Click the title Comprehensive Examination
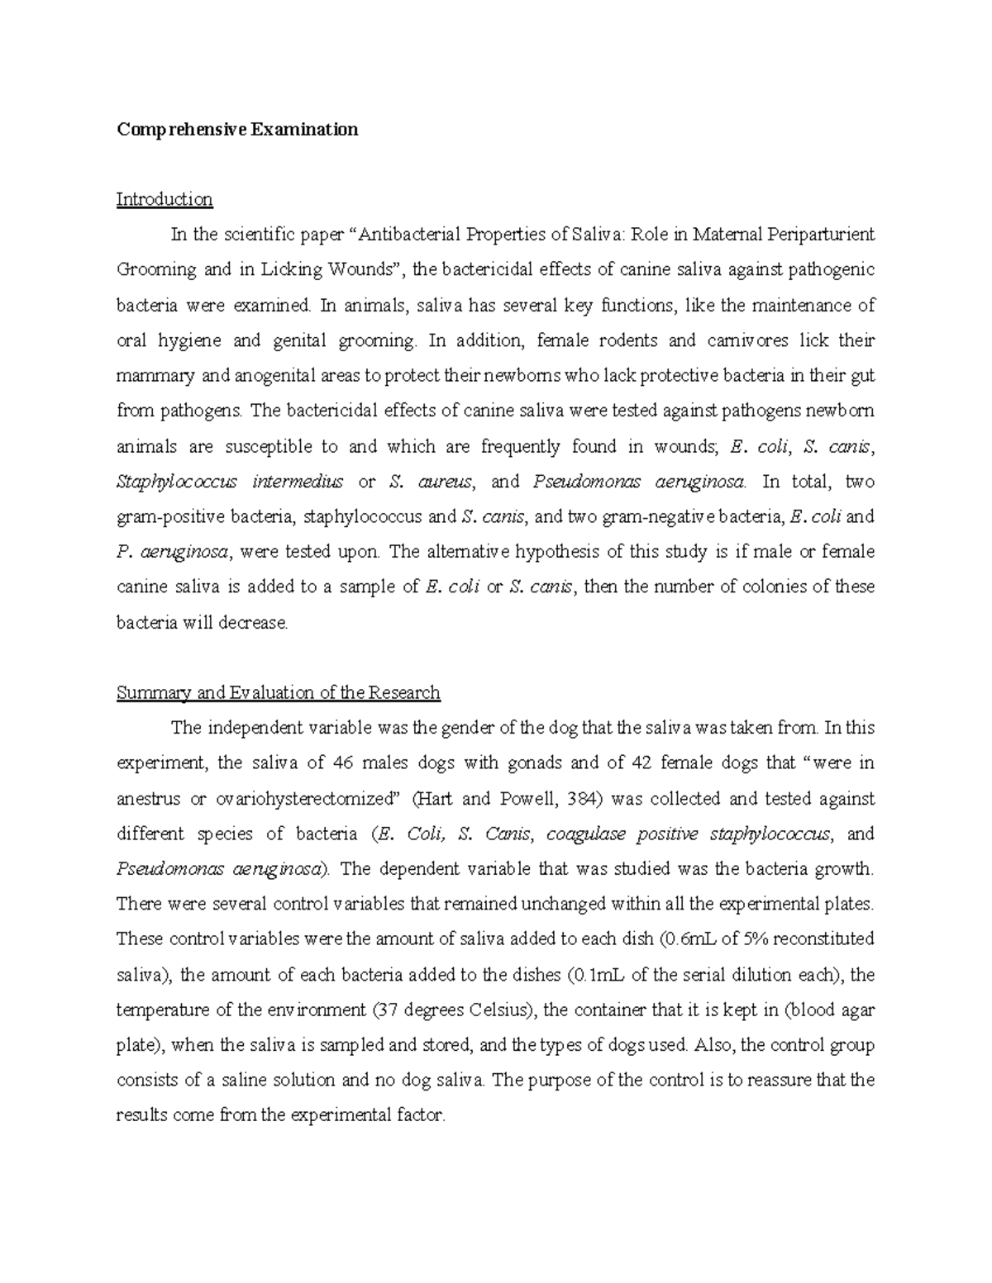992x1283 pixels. (x=237, y=130)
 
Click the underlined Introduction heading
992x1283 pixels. (x=165, y=199)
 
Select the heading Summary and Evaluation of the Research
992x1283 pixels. (x=279, y=692)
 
